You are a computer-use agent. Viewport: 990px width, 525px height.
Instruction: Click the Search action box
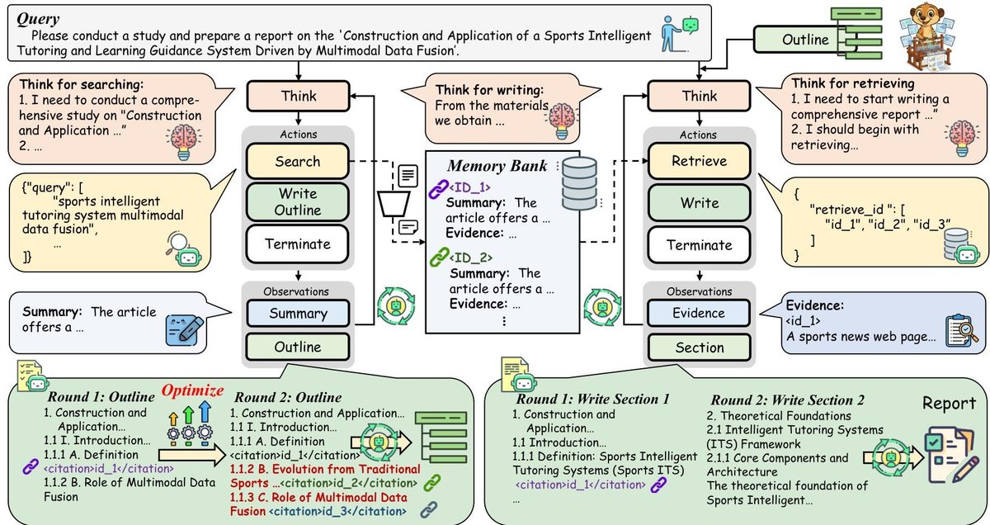click(x=298, y=162)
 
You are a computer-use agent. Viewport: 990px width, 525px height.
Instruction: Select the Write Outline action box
click(x=298, y=203)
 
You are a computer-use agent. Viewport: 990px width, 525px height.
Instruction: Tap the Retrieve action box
click(x=699, y=162)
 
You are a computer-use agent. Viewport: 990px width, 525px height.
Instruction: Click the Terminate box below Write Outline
click(x=298, y=244)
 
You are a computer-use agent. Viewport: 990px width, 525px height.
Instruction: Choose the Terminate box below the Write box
click(x=699, y=244)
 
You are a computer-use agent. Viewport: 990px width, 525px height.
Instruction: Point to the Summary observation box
click(x=298, y=314)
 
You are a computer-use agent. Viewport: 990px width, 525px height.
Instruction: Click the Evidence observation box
click(x=699, y=314)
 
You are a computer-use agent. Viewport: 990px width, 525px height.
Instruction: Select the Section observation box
click(x=699, y=348)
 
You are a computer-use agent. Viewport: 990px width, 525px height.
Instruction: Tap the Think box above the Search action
click(x=298, y=96)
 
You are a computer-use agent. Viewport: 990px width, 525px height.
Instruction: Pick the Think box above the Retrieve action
click(x=699, y=96)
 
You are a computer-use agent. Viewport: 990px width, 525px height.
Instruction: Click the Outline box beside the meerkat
click(x=805, y=40)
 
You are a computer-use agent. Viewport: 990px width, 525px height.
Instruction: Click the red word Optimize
click(x=193, y=389)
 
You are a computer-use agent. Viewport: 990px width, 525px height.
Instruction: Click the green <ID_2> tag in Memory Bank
click(x=471, y=257)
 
